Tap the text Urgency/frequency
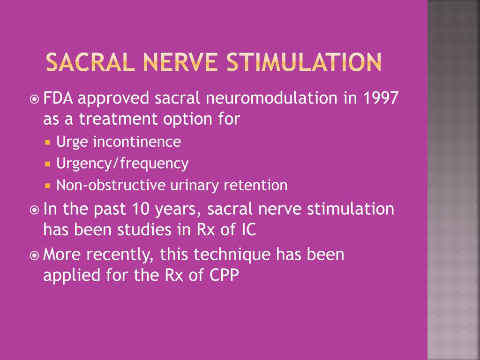[122, 164]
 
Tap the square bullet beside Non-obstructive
[48, 186]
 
